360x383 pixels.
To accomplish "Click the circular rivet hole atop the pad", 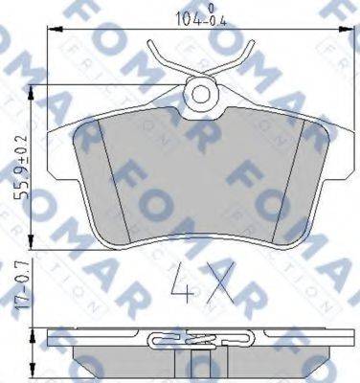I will tap(202, 94).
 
